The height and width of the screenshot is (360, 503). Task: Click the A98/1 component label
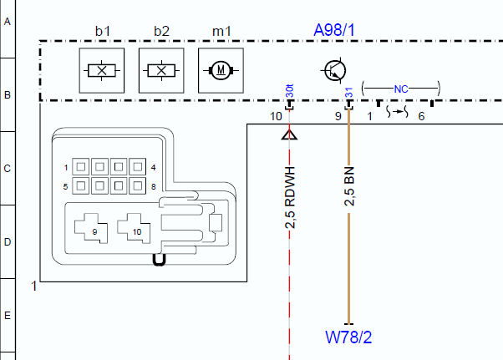tap(334, 30)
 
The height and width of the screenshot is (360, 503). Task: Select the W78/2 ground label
tap(348, 337)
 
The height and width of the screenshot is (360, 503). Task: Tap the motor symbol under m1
tap(221, 70)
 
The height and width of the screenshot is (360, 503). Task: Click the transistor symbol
tap(334, 70)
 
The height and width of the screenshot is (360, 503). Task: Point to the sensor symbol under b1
tap(102, 70)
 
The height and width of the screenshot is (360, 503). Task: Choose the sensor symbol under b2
tap(161, 70)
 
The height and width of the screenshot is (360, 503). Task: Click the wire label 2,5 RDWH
tap(290, 197)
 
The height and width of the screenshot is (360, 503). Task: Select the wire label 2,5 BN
tap(349, 186)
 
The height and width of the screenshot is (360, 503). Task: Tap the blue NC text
tap(401, 89)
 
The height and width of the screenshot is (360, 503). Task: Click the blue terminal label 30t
tap(289, 91)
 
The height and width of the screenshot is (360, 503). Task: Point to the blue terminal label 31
tap(348, 93)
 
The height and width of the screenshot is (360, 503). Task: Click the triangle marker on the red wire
tap(289, 134)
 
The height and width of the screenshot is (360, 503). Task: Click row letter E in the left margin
tap(8, 316)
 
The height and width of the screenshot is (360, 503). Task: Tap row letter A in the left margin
tap(8, 22)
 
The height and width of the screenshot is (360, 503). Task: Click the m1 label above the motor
tap(221, 31)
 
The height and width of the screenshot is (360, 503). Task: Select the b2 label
tap(162, 31)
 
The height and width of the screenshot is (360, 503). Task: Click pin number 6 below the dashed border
tap(421, 116)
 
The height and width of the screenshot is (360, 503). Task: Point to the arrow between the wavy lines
tap(398, 112)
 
